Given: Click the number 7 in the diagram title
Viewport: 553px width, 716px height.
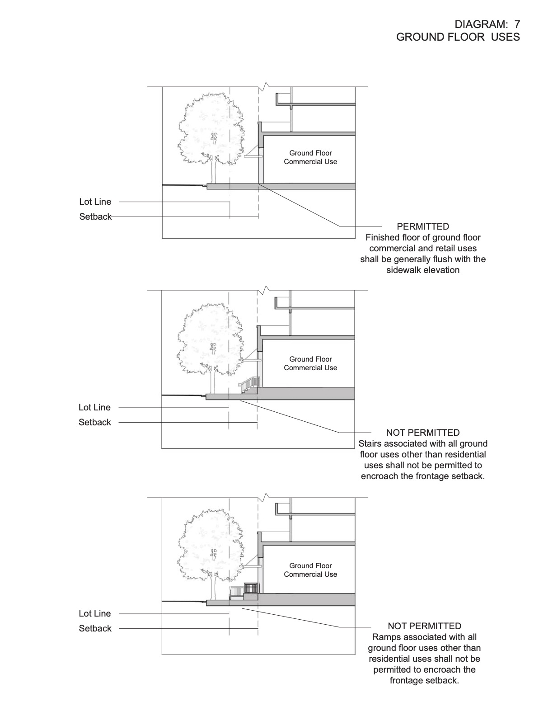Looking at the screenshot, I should (516, 24).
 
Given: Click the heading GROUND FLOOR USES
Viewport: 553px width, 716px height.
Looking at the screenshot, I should (458, 37).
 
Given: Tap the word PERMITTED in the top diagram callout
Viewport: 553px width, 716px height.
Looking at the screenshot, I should (423, 226).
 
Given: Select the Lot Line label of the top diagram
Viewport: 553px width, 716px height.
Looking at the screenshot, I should (95, 202).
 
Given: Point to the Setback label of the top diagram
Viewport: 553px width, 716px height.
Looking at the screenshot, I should (95, 217).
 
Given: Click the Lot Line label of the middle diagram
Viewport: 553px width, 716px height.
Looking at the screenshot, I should (94, 407).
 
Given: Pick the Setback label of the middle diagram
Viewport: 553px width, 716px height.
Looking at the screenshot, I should (95, 422).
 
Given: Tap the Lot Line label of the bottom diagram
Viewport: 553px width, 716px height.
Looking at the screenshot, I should (94, 613).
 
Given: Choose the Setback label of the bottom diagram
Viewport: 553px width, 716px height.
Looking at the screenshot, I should (95, 628).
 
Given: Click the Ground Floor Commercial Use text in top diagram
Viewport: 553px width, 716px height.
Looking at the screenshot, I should (310, 157).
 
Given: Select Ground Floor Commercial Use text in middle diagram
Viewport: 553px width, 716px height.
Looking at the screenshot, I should (310, 363).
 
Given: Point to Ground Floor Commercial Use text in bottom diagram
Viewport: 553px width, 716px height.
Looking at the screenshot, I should (310, 570).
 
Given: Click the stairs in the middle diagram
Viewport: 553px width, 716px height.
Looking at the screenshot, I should (250, 385).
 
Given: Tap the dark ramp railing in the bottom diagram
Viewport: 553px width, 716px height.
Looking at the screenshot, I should (251, 588).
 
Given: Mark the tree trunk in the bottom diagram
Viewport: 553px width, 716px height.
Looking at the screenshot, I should (214, 588).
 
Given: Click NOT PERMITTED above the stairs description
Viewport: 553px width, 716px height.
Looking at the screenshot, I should (423, 433).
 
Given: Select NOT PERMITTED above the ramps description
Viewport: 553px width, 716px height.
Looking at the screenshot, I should (424, 626).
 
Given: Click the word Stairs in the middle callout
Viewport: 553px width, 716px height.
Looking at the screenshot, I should (370, 443).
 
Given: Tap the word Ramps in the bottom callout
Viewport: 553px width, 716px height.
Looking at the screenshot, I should (384, 637).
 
